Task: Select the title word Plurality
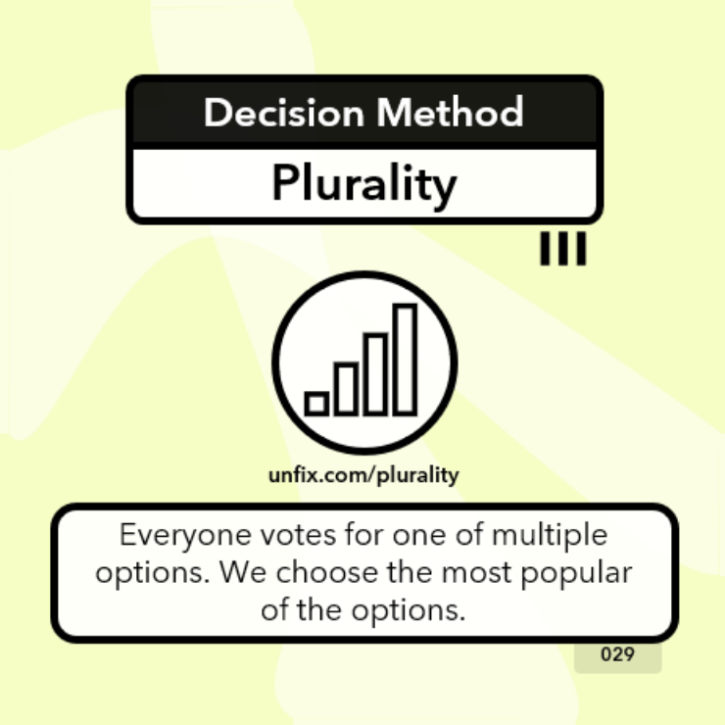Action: click(363, 184)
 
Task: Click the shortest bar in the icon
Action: click(316, 403)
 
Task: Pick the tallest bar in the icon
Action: click(405, 359)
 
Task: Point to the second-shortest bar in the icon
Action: click(346, 388)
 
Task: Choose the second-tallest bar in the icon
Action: click(375, 373)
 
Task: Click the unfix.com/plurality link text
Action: click(363, 475)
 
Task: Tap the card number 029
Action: click(617, 654)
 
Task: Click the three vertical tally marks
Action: click(563, 249)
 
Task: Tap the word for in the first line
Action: click(353, 537)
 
